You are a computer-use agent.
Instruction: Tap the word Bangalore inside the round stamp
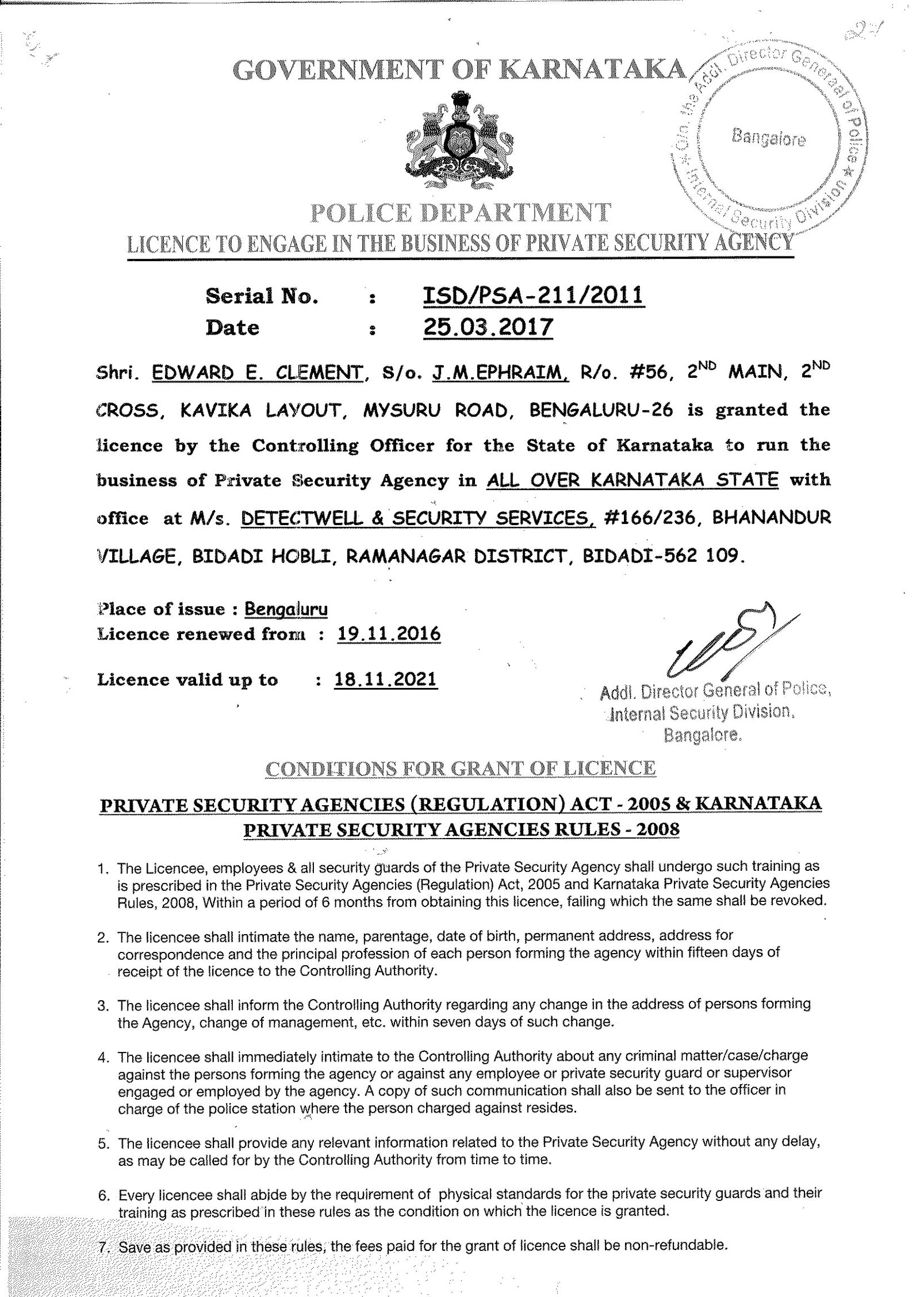click(x=768, y=138)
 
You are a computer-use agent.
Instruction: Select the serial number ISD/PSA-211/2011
click(x=533, y=296)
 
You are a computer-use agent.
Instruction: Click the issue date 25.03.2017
click(x=488, y=327)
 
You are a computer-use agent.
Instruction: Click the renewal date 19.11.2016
click(x=389, y=634)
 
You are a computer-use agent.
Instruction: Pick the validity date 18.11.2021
click(x=385, y=679)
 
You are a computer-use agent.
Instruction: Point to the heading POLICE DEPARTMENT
click(x=460, y=213)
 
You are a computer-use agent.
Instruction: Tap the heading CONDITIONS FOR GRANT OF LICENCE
click(x=460, y=768)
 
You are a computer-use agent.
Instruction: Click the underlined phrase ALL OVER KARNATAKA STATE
click(x=632, y=480)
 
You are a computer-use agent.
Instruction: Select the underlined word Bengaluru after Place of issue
click(x=286, y=609)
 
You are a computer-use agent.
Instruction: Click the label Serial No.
click(x=262, y=296)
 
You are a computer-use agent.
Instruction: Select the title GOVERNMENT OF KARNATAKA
click(x=460, y=70)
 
